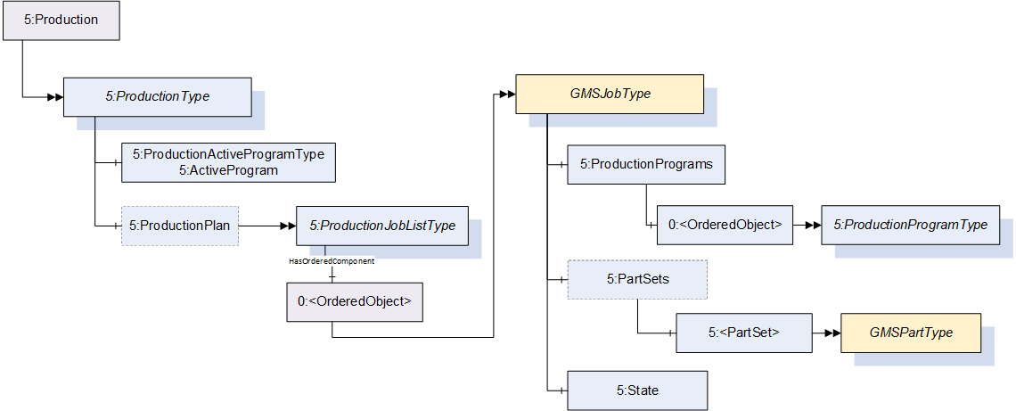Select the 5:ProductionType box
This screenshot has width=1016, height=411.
157,97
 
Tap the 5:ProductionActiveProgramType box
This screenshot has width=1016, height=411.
228,162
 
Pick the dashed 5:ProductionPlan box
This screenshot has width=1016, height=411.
180,226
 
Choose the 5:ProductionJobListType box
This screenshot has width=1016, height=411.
382,226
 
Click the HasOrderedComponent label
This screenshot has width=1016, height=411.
332,261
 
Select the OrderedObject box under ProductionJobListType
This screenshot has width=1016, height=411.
355,301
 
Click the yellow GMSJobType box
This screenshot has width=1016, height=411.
609,94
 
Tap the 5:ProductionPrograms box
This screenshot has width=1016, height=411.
646,165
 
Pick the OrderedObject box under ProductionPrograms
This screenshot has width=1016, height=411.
725,225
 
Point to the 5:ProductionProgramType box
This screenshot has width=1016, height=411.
910,225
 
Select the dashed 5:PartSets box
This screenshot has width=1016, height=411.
637,279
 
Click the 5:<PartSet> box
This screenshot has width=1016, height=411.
743,333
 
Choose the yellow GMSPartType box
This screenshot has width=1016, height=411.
910,333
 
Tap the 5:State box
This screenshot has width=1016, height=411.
637,390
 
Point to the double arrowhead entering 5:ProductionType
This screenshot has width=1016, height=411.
54,97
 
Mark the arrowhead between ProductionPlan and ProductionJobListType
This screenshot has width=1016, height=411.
287,226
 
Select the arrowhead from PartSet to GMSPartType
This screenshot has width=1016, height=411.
832,333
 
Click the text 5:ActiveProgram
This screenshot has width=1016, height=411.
228,171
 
